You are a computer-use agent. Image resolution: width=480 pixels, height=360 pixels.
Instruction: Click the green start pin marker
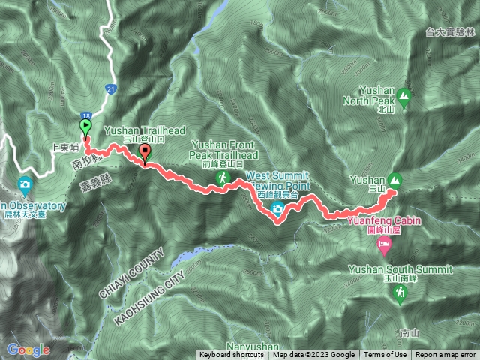point(84,127)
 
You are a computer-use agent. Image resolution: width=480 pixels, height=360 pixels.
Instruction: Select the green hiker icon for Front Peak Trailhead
point(223,178)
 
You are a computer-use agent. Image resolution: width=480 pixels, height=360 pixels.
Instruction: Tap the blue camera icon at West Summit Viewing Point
point(278,210)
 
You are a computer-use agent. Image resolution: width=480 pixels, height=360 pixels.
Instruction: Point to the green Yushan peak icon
point(395,180)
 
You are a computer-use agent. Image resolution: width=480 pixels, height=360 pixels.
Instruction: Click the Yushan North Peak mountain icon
point(404,96)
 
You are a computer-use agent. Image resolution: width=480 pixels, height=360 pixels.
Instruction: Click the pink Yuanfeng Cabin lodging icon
point(383,245)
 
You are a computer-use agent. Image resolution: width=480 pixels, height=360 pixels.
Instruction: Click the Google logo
point(28,349)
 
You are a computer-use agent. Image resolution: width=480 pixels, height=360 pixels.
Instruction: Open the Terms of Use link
point(385,355)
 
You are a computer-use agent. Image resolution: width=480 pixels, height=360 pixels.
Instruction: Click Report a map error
point(445,355)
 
